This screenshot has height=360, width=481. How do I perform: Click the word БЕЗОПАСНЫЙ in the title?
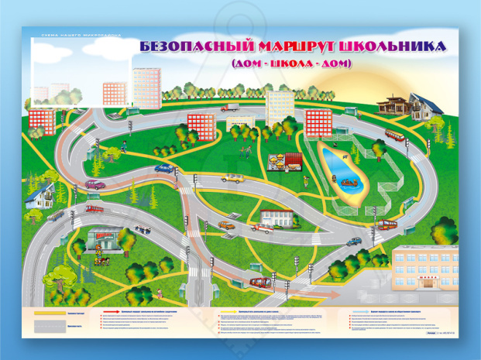click(x=185, y=46)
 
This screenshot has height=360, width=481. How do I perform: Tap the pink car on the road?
click(x=94, y=184)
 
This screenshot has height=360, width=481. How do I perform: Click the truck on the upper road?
click(x=232, y=109)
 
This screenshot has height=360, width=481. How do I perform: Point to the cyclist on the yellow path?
click(x=98, y=261)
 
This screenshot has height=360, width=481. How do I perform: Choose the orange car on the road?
click(x=226, y=225)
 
